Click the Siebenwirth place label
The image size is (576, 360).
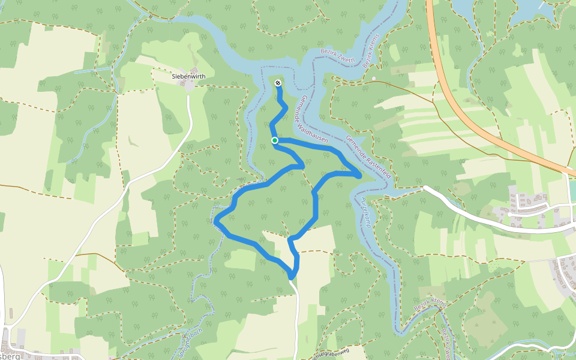point(189,76)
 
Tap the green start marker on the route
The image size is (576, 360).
point(274,140)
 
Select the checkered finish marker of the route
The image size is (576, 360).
point(278,83)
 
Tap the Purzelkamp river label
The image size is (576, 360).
point(365,212)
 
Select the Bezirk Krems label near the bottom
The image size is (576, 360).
point(429,306)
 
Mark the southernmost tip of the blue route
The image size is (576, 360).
point(291,277)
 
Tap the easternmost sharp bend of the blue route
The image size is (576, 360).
point(359,176)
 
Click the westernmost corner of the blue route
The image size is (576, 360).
point(215,221)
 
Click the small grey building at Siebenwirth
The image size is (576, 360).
point(189,86)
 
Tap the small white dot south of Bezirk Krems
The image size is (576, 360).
point(373,79)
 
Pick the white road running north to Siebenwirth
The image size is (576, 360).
point(188,120)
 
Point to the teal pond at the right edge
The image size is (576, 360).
point(572,190)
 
